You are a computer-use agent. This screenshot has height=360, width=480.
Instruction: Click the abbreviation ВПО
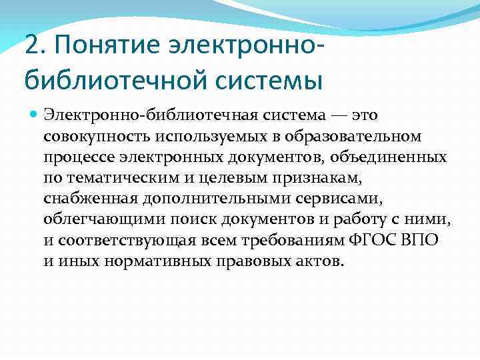pos(421,240)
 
